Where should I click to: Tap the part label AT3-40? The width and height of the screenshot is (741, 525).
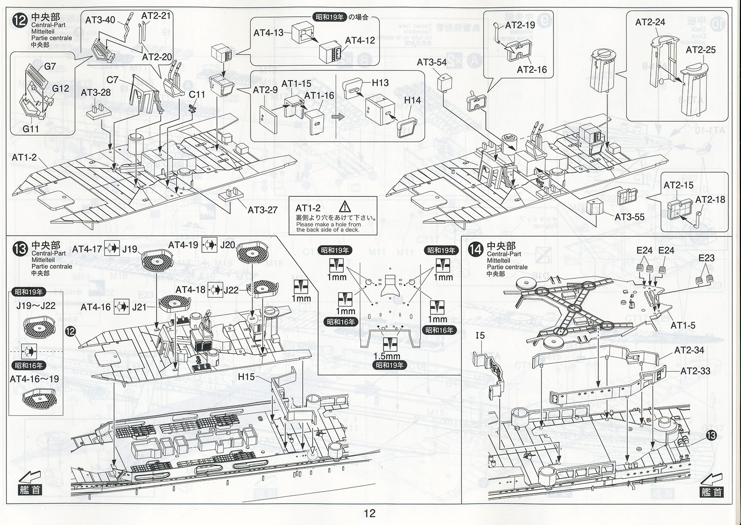pos(100,20)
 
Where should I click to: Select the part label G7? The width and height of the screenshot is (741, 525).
pos(50,67)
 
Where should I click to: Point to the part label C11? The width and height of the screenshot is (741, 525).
pos(197,94)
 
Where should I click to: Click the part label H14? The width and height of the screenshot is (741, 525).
pos(412,100)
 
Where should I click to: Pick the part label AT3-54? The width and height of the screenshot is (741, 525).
pos(432,62)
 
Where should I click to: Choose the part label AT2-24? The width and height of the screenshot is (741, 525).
pos(650,22)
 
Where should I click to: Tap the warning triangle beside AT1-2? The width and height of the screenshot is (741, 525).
pos(345,207)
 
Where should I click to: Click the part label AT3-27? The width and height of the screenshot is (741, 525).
pos(263,210)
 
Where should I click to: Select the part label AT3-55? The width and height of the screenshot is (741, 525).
pos(629,217)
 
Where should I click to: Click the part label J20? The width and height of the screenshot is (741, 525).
pos(227,245)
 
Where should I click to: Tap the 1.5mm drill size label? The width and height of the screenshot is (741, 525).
pos(387,356)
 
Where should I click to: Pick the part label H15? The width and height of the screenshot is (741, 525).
pos(246,377)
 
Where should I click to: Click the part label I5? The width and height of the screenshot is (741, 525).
pos(480,335)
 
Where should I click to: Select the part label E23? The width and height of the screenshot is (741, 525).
pos(707,258)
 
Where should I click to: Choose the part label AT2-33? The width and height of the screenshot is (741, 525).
pos(695,371)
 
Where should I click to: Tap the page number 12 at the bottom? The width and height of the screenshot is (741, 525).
pos(370,513)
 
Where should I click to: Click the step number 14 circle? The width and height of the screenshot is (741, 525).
pos(476,250)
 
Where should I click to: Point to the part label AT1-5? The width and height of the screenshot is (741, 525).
pos(683,326)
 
